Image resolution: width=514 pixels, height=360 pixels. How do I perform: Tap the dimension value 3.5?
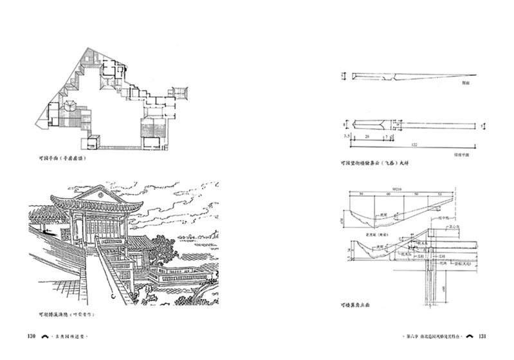pos(345,137)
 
